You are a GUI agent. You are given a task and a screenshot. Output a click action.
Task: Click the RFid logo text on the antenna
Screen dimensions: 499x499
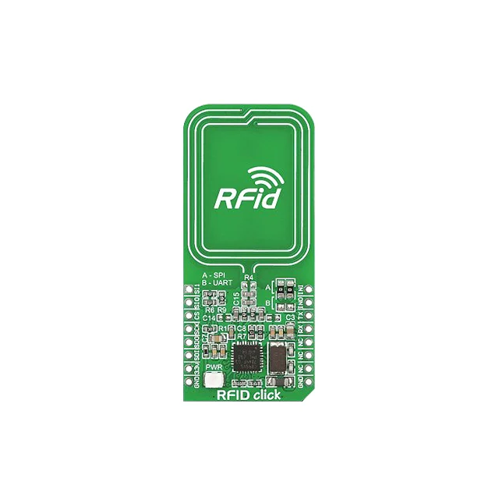tap(246, 198)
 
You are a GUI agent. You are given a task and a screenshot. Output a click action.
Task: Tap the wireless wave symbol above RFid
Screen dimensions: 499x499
tap(261, 175)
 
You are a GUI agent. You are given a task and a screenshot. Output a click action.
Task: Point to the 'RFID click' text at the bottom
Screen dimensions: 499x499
tap(249, 394)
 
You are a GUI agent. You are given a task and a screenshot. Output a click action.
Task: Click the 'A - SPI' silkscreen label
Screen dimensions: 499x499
tap(214, 276)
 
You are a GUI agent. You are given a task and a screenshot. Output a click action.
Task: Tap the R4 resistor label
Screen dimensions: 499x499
tap(249, 278)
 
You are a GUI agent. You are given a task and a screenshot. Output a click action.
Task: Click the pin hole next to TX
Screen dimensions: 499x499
tap(310, 316)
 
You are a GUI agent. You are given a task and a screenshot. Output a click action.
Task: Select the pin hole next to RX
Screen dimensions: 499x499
tap(310, 329)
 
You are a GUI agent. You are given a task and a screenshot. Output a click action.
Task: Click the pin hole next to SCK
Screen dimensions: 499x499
tap(188, 329)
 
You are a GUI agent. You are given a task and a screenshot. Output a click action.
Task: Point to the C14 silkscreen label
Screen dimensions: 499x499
tap(209, 318)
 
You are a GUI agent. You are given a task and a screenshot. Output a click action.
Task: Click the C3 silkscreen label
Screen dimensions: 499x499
tap(290, 318)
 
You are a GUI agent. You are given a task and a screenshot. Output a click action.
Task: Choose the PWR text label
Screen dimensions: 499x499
tap(214, 366)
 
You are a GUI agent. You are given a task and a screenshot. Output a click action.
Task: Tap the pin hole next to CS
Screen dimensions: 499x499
tap(188, 316)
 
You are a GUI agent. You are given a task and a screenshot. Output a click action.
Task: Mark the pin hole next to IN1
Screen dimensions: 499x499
tap(310, 289)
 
